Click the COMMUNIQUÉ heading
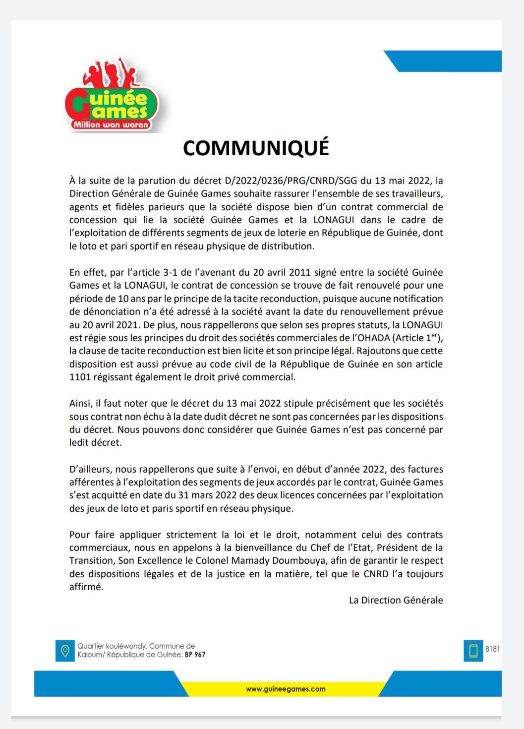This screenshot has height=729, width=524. click(256, 148)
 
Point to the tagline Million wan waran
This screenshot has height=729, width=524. click(111, 125)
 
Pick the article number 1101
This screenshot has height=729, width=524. click(79, 377)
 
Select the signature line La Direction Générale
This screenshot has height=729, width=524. click(396, 600)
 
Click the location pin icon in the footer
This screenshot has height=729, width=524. click(64, 651)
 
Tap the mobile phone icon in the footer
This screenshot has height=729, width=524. click(473, 651)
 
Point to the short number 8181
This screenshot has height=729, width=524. click(492, 649)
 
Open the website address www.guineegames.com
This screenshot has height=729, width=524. click(286, 689)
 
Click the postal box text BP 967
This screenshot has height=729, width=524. click(195, 655)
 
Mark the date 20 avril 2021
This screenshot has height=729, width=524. click(106, 325)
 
